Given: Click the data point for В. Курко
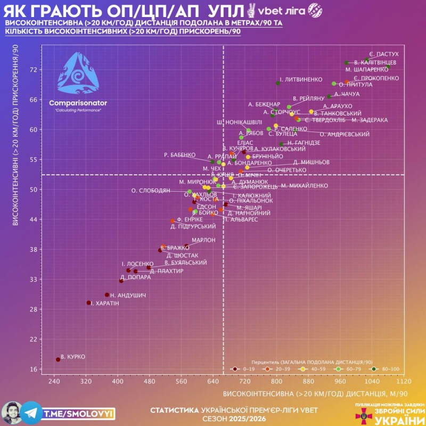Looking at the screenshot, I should (x=58, y=360).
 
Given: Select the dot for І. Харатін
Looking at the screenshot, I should (x=89, y=303).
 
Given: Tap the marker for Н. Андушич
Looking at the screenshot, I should (x=107, y=295).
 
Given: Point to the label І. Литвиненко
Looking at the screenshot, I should (x=301, y=79).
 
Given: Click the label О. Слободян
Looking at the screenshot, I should (x=151, y=190).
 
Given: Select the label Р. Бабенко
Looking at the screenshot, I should (x=179, y=155).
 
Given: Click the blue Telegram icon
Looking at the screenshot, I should (x=31, y=413).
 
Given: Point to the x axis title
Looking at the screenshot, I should (x=315, y=394).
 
